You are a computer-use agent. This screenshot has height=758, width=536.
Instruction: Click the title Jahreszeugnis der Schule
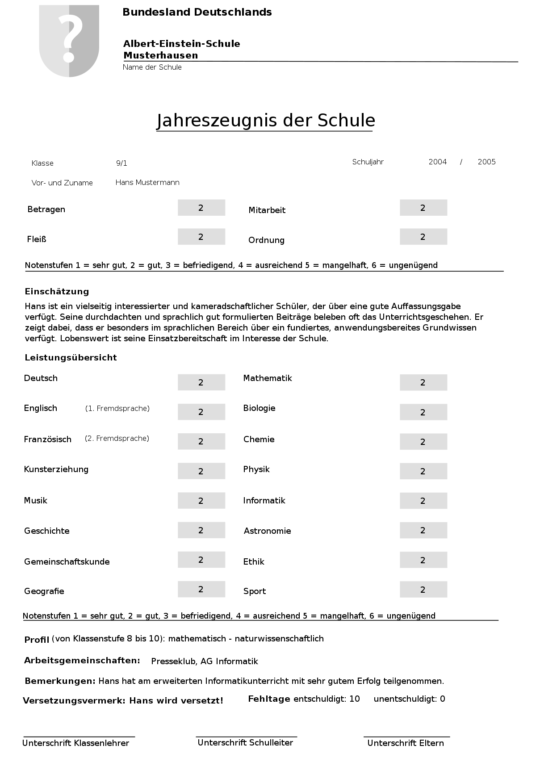(266, 121)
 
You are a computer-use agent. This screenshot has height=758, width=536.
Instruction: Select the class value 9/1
(121, 163)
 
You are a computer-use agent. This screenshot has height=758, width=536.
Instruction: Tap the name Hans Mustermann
(147, 183)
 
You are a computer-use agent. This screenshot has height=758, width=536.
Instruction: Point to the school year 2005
(486, 162)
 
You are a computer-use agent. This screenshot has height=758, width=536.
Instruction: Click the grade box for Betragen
(201, 208)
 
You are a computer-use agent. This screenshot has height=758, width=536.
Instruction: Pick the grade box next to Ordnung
(423, 237)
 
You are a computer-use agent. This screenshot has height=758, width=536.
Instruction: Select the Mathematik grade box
(423, 383)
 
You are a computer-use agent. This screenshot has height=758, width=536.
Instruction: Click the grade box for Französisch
(201, 442)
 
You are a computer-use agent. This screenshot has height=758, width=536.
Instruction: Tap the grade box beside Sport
(423, 590)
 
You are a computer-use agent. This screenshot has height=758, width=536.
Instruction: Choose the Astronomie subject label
(267, 531)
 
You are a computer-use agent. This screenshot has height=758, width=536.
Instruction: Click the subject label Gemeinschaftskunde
(67, 562)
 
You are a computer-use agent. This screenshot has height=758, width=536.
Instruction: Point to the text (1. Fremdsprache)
(117, 409)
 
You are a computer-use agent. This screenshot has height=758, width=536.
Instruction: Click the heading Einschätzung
(57, 292)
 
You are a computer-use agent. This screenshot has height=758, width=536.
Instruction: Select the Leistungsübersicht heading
(71, 358)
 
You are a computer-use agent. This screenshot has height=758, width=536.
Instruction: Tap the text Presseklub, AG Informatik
(205, 662)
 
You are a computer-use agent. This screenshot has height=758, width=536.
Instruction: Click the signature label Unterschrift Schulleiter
(245, 743)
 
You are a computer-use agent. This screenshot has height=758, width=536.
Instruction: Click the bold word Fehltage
(269, 699)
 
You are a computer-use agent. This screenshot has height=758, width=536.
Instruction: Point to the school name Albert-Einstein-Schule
(181, 44)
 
